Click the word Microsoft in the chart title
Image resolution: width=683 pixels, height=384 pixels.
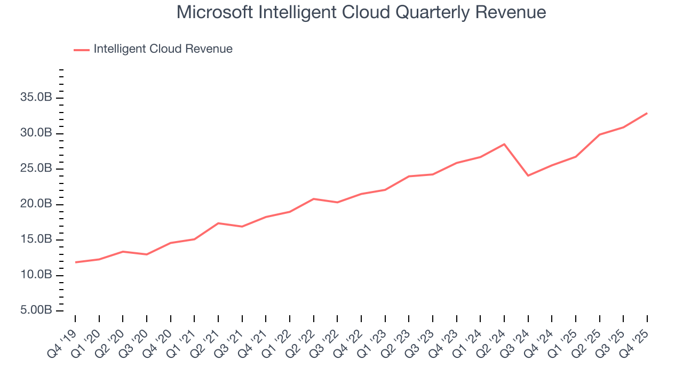(x=215, y=12)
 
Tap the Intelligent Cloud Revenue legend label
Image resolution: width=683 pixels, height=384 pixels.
(x=163, y=49)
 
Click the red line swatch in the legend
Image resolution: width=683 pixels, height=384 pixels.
(x=82, y=50)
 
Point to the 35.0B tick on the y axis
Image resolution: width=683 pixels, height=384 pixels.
(x=37, y=98)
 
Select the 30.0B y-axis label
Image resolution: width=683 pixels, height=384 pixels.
(x=37, y=133)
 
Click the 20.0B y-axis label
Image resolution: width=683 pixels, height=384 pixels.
(x=37, y=204)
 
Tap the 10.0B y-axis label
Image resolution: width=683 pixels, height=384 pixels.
(x=37, y=275)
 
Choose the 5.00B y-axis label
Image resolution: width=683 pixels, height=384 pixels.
(x=37, y=310)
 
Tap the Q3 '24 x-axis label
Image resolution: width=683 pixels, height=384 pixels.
(x=518, y=336)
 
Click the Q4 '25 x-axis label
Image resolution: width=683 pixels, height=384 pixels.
(x=637, y=336)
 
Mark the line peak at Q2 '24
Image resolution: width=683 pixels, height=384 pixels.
(x=504, y=144)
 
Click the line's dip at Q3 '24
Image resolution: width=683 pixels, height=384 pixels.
(x=528, y=175)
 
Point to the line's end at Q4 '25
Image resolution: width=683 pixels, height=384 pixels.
(x=647, y=113)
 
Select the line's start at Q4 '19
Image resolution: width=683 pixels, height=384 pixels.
(x=75, y=262)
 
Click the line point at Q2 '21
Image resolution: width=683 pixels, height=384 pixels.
(x=218, y=223)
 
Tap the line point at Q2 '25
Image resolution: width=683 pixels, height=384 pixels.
(x=600, y=134)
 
